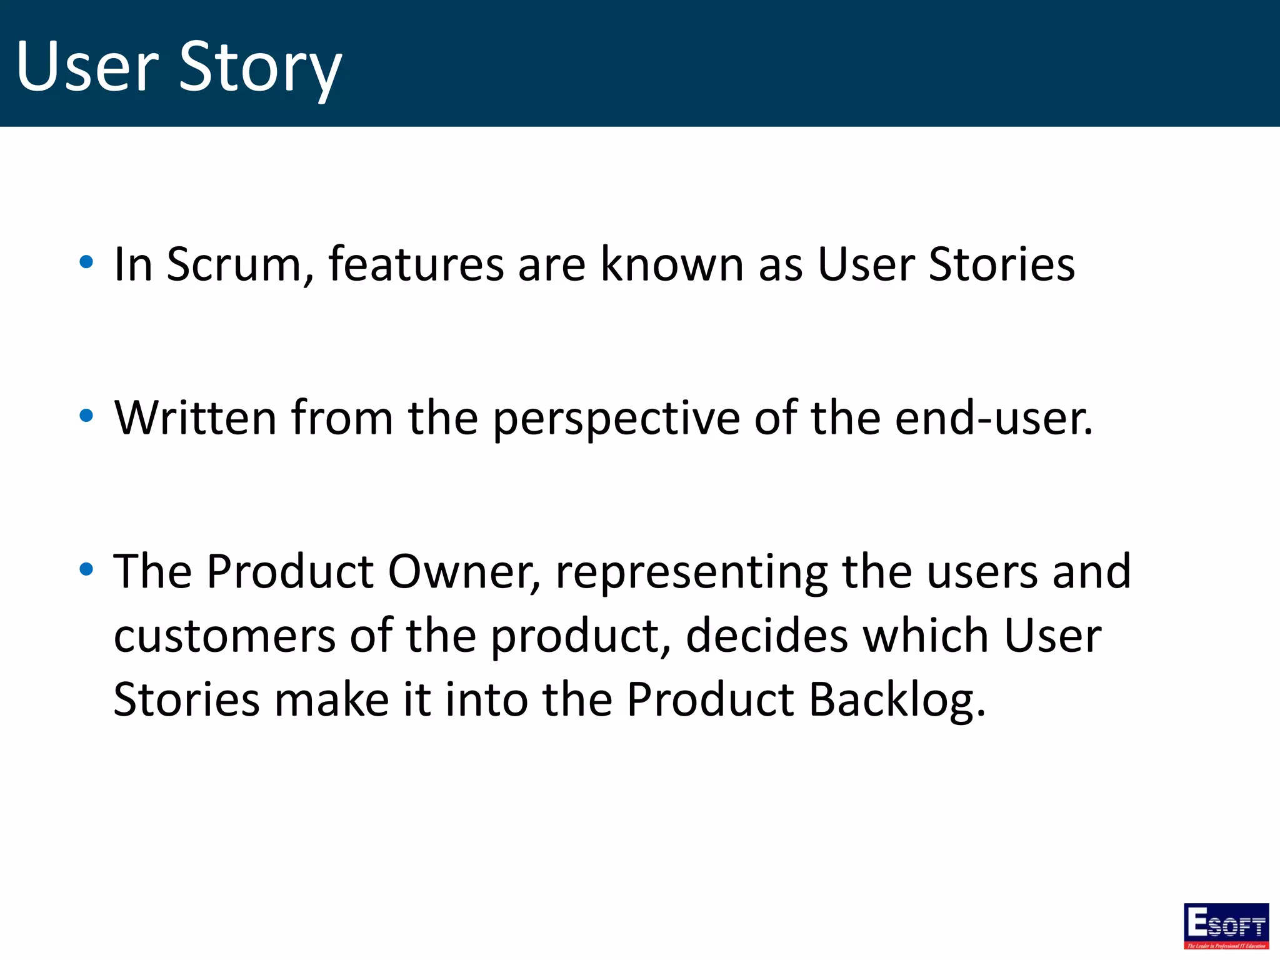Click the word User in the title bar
pos(87,66)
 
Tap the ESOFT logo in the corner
pos(1226,926)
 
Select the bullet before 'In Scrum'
pos(87,262)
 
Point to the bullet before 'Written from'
pos(87,416)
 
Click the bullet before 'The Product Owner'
pos(87,569)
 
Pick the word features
pos(416,265)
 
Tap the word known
pos(672,265)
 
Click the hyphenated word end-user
pos(993,418)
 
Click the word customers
pos(224,636)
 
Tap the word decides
pos(767,636)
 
